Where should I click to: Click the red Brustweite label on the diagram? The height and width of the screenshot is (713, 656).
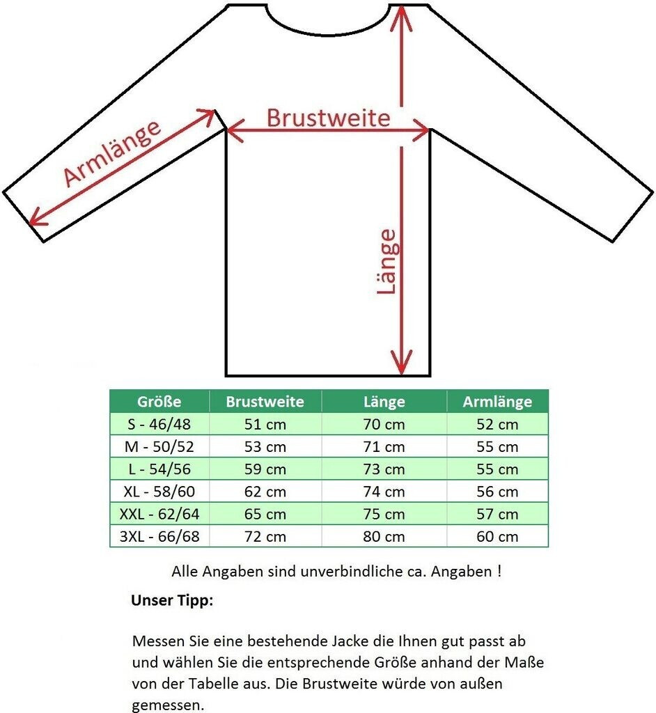328,118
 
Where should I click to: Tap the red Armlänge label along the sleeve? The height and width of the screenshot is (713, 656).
113,154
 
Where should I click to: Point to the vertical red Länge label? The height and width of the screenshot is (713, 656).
389,262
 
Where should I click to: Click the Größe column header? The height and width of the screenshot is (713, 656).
159,402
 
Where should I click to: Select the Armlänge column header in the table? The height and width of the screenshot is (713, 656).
497,402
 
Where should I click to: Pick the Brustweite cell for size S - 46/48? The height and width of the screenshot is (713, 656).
265,425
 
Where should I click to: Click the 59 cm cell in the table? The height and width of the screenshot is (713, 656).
265,469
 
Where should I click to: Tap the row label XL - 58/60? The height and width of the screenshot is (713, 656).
159,492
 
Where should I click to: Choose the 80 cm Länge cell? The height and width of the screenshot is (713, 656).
384,537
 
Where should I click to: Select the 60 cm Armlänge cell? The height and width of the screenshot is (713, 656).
497,537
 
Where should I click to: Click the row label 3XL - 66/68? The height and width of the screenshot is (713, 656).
159,537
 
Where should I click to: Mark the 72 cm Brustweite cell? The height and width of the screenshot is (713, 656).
265,537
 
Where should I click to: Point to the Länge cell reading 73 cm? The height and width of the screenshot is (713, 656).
384,469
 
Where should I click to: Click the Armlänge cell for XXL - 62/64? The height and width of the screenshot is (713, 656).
497,515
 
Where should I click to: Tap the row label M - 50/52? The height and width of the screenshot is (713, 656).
159,447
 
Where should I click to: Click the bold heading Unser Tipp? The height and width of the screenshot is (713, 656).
172,601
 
